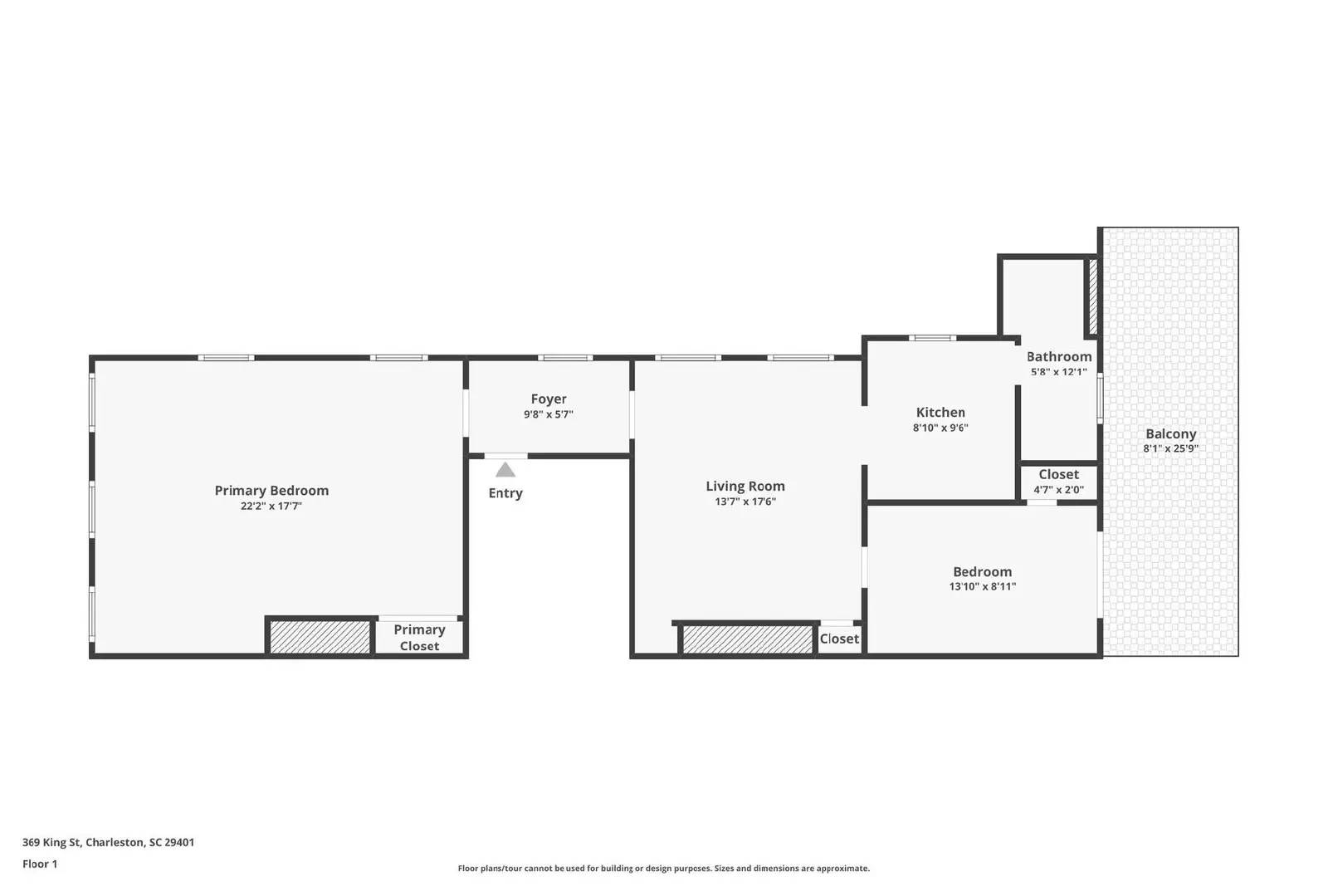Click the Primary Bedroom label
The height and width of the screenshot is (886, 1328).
pos(271,491)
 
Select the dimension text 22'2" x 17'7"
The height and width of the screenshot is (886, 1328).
pos(271,506)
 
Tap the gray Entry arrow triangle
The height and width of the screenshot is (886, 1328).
pos(505,470)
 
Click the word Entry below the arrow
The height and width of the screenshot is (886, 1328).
pos(505,493)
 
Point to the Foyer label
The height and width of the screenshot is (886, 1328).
pos(549,399)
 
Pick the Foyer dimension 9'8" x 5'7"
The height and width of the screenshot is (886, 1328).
pos(549,414)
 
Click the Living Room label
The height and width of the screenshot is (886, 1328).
pos(745,487)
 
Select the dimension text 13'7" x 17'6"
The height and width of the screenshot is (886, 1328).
pos(745,502)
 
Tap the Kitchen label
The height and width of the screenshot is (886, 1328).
pos(940,413)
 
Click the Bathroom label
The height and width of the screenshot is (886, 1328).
pos(1059,357)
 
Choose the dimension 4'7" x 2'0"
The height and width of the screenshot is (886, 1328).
pos(1058,490)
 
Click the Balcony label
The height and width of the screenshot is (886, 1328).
pos(1170,434)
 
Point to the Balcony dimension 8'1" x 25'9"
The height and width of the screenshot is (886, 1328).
pos(1170,448)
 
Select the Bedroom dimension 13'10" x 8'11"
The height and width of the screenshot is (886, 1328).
pos(983,586)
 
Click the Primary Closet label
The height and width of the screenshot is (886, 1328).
pos(419,638)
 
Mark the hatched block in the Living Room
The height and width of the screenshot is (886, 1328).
pos(747,639)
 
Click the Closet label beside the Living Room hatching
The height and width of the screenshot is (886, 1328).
pos(839,639)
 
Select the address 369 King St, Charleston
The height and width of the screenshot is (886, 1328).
pos(108,842)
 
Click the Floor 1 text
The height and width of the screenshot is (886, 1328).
pos(40,864)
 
